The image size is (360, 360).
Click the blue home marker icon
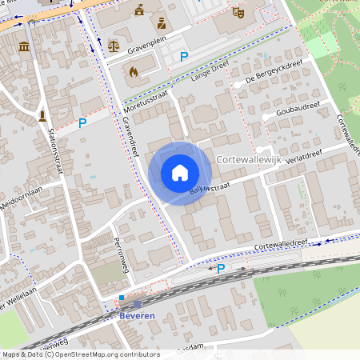coord(180,173)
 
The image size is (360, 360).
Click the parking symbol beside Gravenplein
coord(184,57)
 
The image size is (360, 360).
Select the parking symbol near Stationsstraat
coord(82,123)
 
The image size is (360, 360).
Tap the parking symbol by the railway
coord(221,270)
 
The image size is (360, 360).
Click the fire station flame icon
coord(134,72)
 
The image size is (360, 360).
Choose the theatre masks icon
coord(238,13)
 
